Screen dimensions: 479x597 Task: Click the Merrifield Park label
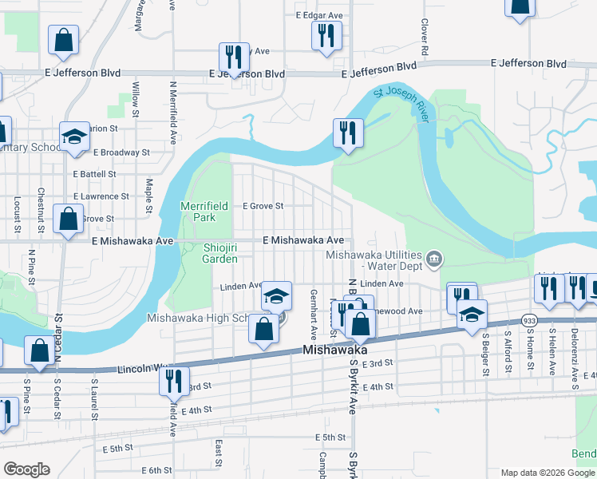click(x=204, y=211)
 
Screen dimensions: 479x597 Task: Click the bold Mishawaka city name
click(x=334, y=350)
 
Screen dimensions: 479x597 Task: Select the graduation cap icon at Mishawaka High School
click(x=276, y=296)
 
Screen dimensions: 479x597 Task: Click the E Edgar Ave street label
click(x=319, y=15)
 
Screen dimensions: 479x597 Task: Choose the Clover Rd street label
click(x=425, y=38)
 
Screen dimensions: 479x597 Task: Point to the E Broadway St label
click(x=121, y=152)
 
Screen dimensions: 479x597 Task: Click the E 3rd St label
click(x=378, y=363)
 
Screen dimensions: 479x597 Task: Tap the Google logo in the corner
click(x=26, y=469)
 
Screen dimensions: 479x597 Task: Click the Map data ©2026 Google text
click(x=548, y=473)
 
